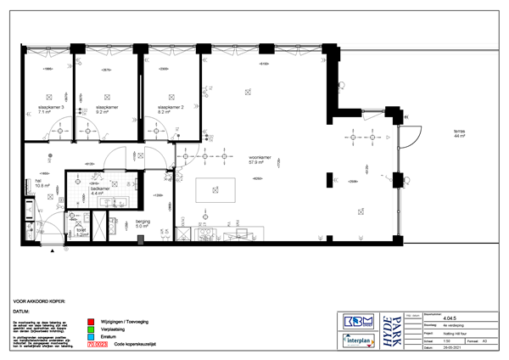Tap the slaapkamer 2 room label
click(171, 109)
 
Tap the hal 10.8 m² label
click(42, 183)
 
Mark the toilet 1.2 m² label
click(82, 232)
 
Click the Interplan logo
click(359, 341)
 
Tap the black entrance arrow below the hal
click(53, 251)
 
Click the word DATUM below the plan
click(21, 311)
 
